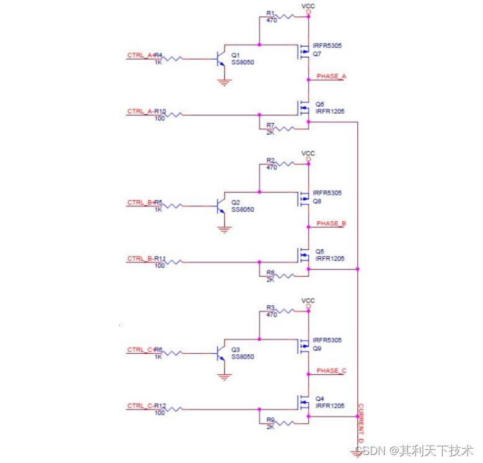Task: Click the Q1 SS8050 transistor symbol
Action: tap(220, 60)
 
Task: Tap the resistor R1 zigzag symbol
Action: tap(288, 17)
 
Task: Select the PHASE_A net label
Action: tap(331, 76)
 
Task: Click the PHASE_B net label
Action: tap(331, 223)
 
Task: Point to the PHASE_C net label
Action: tap(331, 371)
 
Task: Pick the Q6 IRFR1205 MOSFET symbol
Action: tap(304, 108)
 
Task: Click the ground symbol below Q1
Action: tap(224, 81)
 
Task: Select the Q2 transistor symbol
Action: tap(220, 207)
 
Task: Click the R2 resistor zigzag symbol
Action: tap(288, 164)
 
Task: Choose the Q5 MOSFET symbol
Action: tap(304, 255)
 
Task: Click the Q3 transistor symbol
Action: tap(220, 354)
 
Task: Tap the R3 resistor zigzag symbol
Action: tap(288, 312)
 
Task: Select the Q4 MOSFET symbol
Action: tap(304, 402)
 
